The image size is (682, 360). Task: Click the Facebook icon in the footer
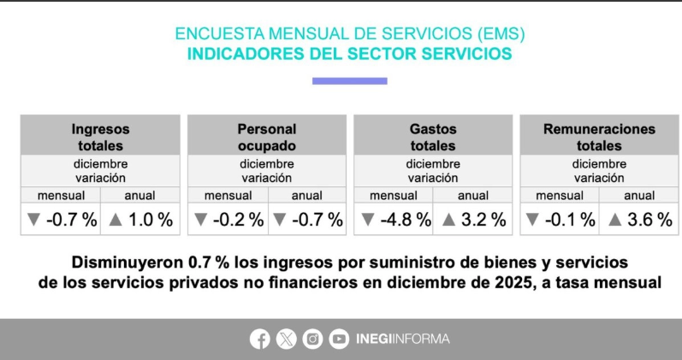coord(260,339)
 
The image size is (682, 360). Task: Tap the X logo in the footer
coord(287,339)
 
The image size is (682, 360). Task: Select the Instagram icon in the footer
coord(313,339)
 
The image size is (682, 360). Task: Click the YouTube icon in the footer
coord(340,339)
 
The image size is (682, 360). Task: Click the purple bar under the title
coord(349,81)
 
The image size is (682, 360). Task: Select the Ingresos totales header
coord(100,138)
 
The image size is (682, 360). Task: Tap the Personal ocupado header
coord(266,138)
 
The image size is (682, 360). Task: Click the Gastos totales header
coord(432,138)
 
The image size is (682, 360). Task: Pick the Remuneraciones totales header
coord(599,138)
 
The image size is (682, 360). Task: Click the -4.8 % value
coord(406,220)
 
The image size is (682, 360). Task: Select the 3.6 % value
coord(650,220)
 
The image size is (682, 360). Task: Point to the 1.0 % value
coord(151,220)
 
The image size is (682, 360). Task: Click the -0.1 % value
coord(571,220)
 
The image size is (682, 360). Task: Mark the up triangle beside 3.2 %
coord(448,221)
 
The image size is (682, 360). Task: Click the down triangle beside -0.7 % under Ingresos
coord(33,221)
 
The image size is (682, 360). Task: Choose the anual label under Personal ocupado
coord(306,196)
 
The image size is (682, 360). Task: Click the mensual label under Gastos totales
coord(394,196)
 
